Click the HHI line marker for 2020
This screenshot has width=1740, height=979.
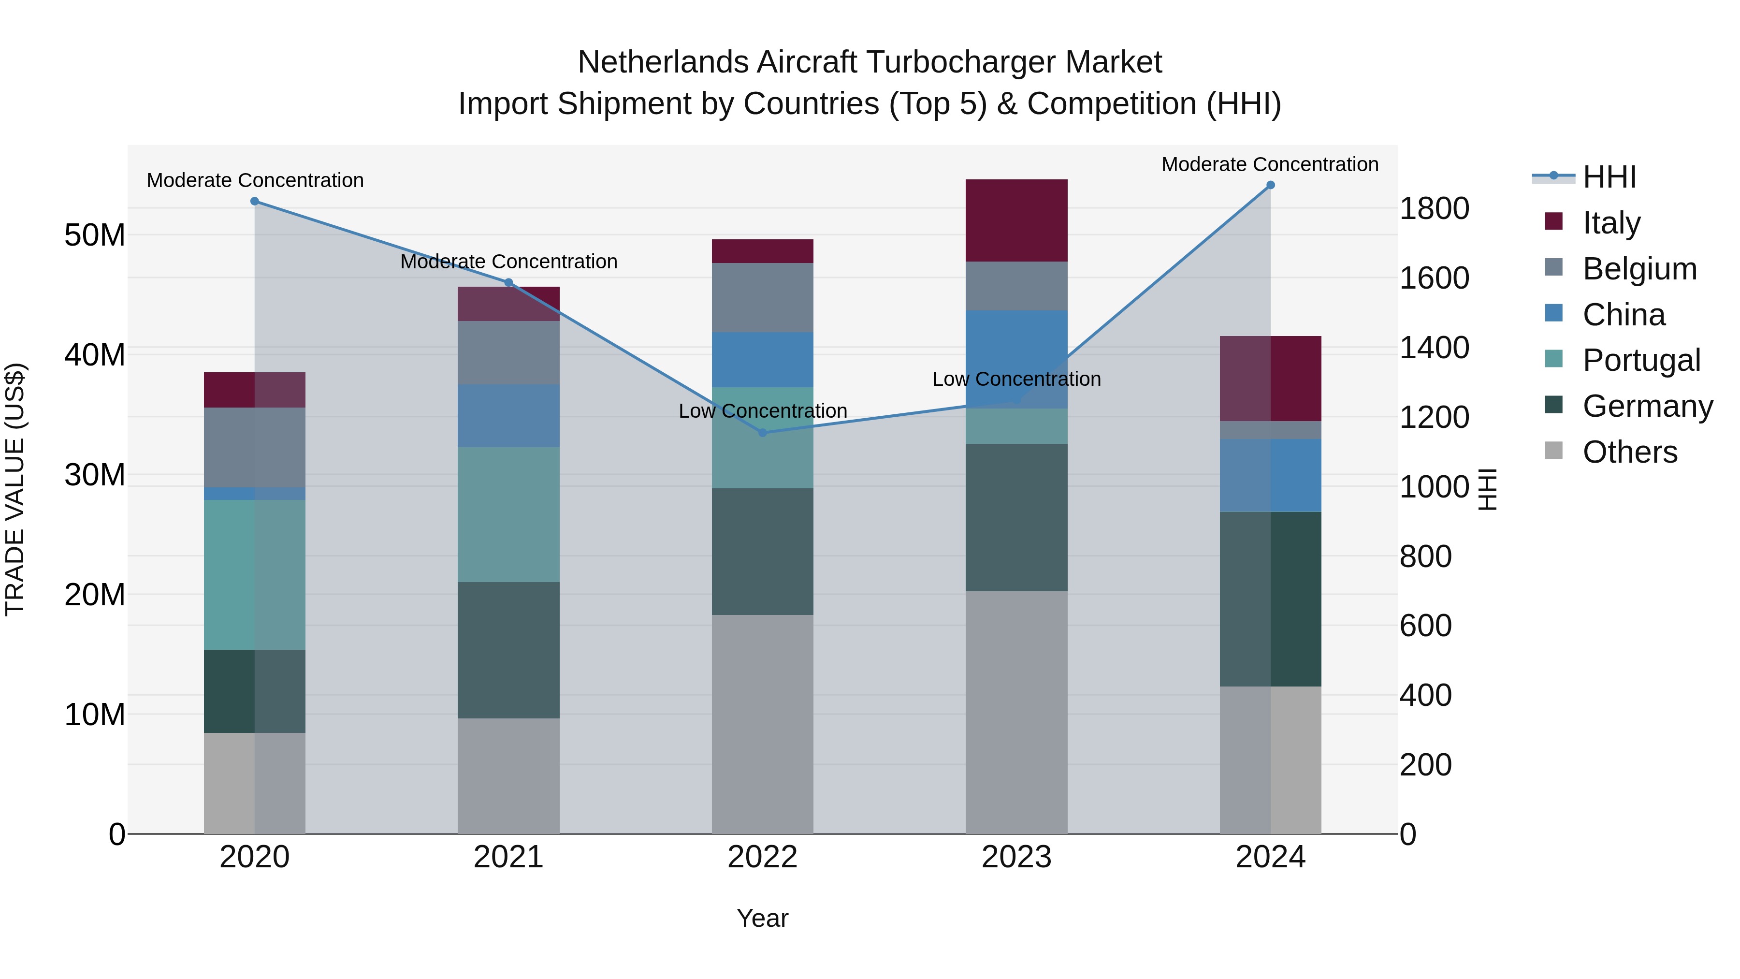click(x=255, y=201)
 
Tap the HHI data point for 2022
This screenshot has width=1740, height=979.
click(x=763, y=432)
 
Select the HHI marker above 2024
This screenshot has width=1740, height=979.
click(x=1271, y=185)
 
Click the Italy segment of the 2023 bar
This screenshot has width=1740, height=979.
click(x=1016, y=220)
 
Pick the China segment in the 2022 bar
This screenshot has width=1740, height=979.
click(x=763, y=359)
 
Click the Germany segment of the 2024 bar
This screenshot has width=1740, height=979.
click(x=1271, y=599)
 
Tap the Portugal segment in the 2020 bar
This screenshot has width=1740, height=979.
click(x=255, y=575)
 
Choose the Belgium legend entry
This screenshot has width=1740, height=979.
click(x=1639, y=269)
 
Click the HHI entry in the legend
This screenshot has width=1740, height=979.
click(x=1609, y=177)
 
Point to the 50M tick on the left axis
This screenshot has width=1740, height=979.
click(x=95, y=235)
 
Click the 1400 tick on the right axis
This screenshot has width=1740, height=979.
click(x=1434, y=348)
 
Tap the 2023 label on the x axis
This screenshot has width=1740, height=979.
click(x=1016, y=857)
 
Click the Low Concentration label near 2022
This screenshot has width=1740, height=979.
click(x=763, y=411)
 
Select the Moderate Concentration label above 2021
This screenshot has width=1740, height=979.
click(x=508, y=262)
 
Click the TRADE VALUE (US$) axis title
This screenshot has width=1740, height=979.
click(x=15, y=489)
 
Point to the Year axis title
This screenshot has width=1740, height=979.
click(x=763, y=918)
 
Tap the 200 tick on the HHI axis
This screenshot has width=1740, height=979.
click(x=1425, y=765)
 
